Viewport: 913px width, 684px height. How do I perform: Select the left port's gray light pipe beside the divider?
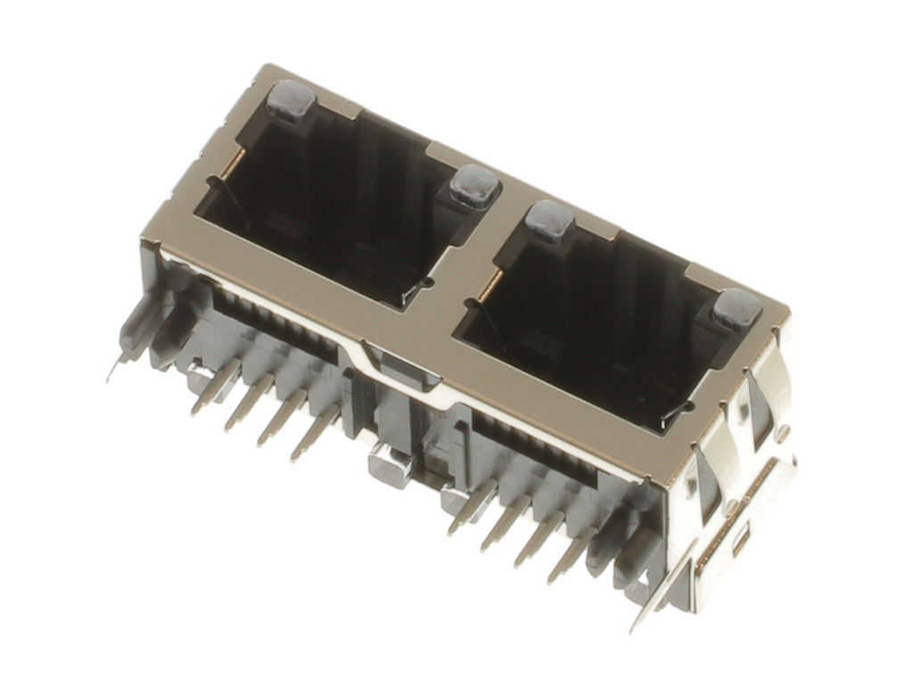473,185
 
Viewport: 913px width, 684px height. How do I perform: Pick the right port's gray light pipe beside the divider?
548,221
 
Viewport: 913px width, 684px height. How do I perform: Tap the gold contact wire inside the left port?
234,164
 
